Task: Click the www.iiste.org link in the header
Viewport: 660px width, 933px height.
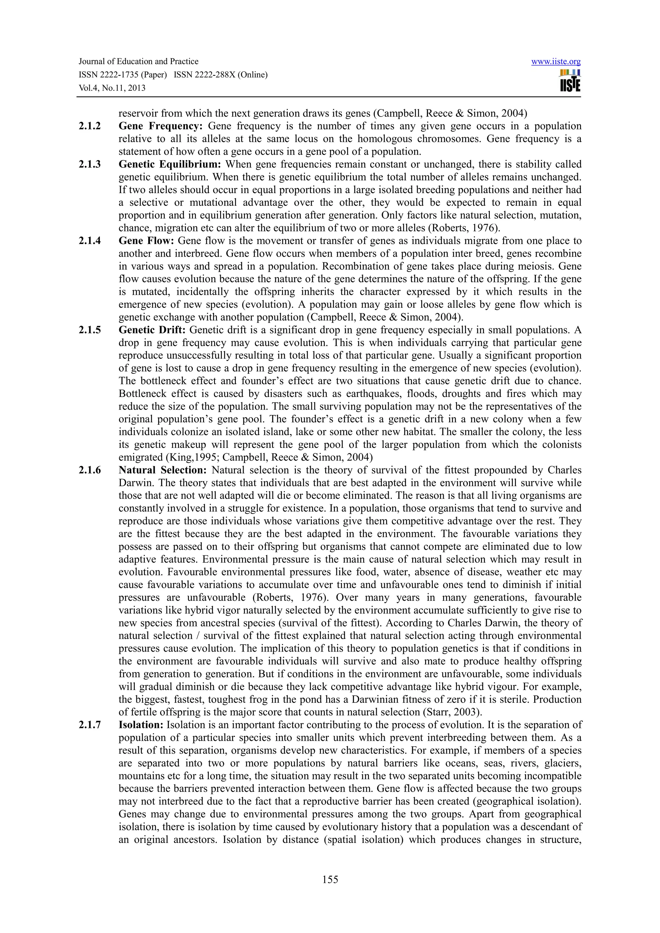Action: (556, 62)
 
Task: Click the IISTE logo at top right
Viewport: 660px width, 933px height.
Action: (570, 81)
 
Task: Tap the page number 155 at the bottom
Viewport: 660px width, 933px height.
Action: (330, 879)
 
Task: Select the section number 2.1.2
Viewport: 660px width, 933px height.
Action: (90, 126)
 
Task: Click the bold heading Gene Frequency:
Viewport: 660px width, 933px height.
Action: (160, 126)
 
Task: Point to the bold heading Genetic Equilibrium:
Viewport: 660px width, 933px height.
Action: (170, 164)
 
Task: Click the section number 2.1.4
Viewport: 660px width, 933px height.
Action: (90, 240)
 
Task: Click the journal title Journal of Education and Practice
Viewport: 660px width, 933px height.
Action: (138, 62)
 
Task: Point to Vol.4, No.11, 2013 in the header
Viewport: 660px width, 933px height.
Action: (112, 88)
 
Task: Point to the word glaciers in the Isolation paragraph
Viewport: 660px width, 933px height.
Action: (559, 763)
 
